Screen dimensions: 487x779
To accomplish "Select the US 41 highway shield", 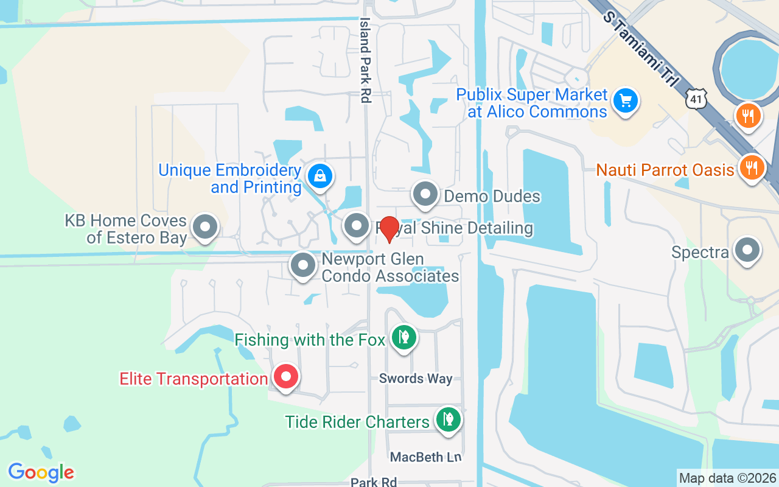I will click(x=696, y=99).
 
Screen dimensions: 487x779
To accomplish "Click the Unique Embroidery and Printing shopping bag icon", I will click(x=318, y=177).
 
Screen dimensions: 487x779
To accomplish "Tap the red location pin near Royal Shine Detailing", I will click(x=388, y=229).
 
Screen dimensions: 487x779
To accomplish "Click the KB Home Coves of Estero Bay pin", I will click(x=204, y=227).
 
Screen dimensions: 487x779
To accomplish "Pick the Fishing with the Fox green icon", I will click(x=403, y=337).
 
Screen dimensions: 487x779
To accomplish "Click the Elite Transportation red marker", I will click(x=285, y=377).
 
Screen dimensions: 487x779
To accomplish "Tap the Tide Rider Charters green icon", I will click(x=448, y=419).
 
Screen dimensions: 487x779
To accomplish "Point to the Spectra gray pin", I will click(x=747, y=250).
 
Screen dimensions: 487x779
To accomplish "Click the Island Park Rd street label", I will click(x=365, y=60).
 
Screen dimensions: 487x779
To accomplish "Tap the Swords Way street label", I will click(x=416, y=378).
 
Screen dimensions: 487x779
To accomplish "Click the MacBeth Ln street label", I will click(x=426, y=457).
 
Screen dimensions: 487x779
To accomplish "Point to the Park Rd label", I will click(x=374, y=482).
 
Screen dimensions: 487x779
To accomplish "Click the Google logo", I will click(x=41, y=472).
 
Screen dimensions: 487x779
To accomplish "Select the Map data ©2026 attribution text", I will click(x=728, y=478).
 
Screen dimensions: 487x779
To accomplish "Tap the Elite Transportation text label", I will click(x=194, y=379).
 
